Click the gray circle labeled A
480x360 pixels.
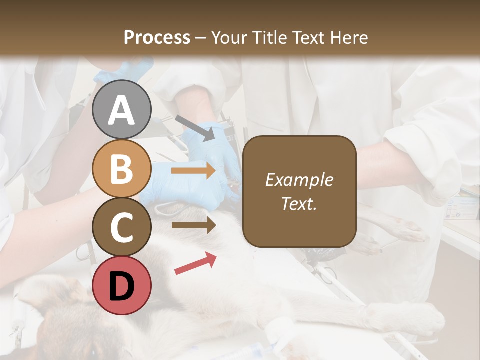tap(121, 109)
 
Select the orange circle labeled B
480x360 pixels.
tap(121, 168)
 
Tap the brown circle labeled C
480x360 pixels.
tap(121, 227)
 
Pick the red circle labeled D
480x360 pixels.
tap(121, 285)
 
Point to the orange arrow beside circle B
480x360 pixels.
tap(193, 171)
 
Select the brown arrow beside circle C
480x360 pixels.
tap(193, 225)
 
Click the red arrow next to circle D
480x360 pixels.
tap(195, 263)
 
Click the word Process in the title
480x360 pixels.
tap(157, 37)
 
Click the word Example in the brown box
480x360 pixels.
tap(299, 180)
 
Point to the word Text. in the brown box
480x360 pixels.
tap(299, 203)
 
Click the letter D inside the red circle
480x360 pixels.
tap(121, 286)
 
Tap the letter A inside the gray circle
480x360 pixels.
tap(121, 110)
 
